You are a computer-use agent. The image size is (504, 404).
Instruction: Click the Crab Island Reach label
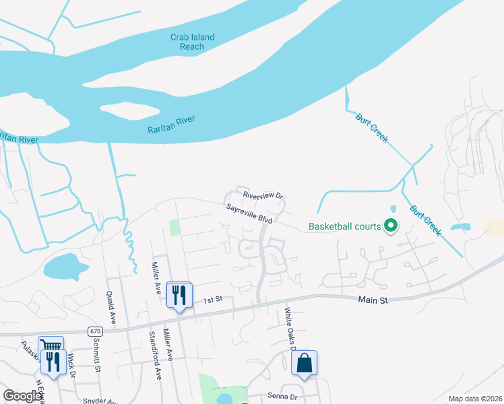coord(192,42)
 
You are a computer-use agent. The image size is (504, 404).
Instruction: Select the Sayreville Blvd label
coord(249,215)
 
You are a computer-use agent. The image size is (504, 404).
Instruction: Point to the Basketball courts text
coord(344,226)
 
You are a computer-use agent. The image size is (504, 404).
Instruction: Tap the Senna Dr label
coord(282,397)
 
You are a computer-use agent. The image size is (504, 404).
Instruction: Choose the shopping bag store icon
coord(304,363)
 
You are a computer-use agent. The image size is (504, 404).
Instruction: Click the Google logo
coord(22,396)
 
